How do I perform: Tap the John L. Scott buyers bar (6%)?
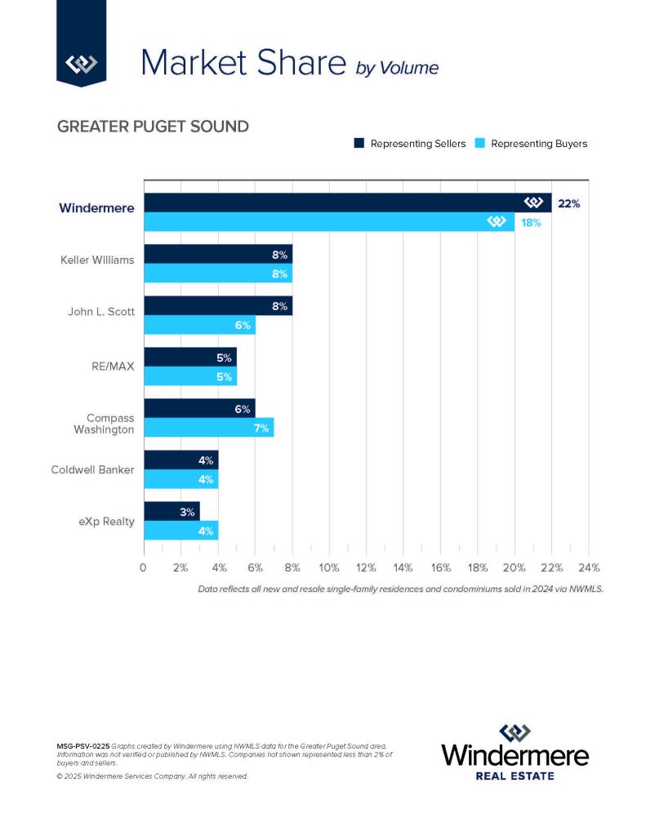coord(199,325)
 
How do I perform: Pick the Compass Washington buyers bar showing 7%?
coord(208,428)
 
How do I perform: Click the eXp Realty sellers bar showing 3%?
coord(172,512)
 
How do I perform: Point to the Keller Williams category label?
coord(97,260)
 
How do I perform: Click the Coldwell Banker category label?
coord(91,469)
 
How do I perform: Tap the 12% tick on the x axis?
coord(366,567)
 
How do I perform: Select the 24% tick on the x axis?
coord(589,567)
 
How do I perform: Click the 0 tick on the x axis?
coord(144,567)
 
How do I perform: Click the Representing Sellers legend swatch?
coord(359,144)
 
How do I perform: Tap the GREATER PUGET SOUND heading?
coord(153,127)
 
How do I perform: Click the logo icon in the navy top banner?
coord(81,63)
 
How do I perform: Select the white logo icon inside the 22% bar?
coord(534,202)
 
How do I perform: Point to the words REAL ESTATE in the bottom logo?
coord(515,775)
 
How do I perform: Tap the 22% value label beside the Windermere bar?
coord(568,203)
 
